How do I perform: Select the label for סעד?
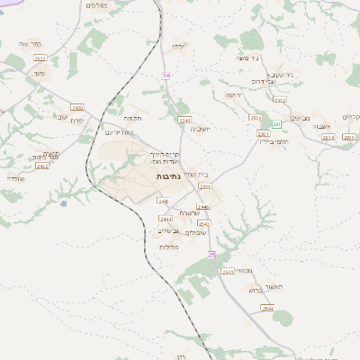(38, 73)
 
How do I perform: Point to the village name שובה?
(60, 116)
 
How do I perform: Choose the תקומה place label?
(133, 118)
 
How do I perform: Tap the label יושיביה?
(200, 129)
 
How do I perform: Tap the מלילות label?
(169, 247)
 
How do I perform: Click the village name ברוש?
(254, 290)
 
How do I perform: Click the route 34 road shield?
(166, 76)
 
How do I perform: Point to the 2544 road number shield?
(267, 309)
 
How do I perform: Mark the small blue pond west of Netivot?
(62, 203)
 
